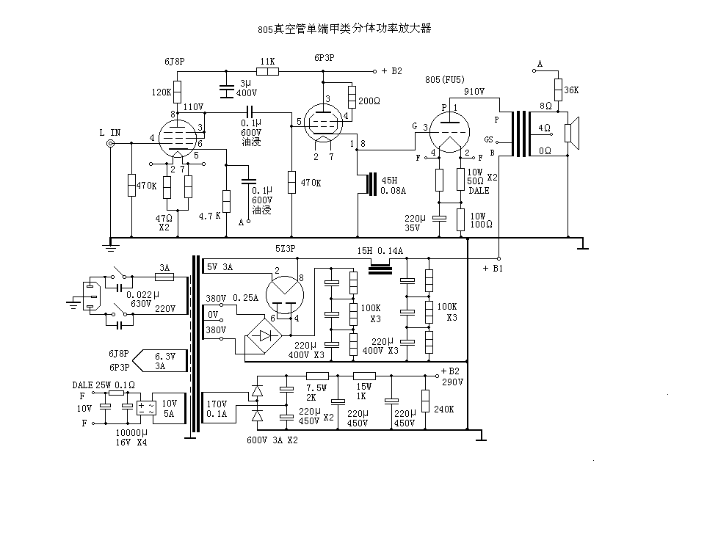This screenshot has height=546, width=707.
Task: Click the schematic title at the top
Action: [x=344, y=30]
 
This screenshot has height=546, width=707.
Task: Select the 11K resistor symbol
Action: [x=267, y=72]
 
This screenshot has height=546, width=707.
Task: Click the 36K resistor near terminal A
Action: [x=557, y=89]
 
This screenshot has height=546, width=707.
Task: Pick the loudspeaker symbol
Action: [x=571, y=133]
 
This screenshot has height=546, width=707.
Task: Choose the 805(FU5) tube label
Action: [x=448, y=79]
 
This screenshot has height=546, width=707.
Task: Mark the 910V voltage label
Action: [x=474, y=92]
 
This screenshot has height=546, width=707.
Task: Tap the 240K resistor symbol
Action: [x=425, y=400]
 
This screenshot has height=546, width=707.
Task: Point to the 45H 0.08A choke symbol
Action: [x=371, y=184]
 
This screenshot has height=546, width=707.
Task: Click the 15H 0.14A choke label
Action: [x=380, y=251]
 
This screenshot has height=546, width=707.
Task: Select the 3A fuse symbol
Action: [x=163, y=277]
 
